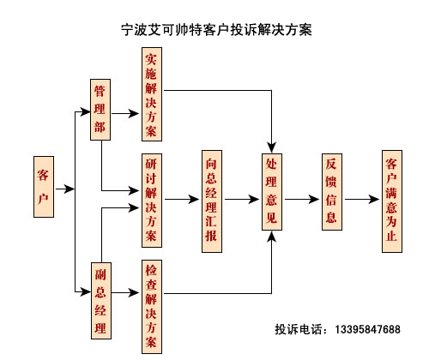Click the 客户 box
click(x=44, y=187)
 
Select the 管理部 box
click(x=100, y=110)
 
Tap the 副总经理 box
click(x=101, y=301)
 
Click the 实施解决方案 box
click(x=152, y=94)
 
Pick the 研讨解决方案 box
click(x=152, y=201)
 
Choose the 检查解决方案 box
click(x=152, y=307)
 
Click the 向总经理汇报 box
click(x=212, y=201)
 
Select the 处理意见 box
click(x=272, y=192)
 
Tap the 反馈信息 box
click(x=332, y=192)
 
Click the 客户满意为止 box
click(x=392, y=201)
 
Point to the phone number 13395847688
click(x=367, y=329)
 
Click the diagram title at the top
click(x=216, y=30)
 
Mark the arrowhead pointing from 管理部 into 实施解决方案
click(x=134, y=113)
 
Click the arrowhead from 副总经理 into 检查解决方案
click(x=134, y=292)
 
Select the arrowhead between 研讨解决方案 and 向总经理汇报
click(x=194, y=199)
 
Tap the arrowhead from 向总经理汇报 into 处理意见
click(x=254, y=199)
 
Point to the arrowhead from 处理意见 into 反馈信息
click(x=314, y=199)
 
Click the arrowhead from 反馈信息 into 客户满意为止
click(x=374, y=199)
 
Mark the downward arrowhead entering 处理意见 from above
click(x=272, y=147)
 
